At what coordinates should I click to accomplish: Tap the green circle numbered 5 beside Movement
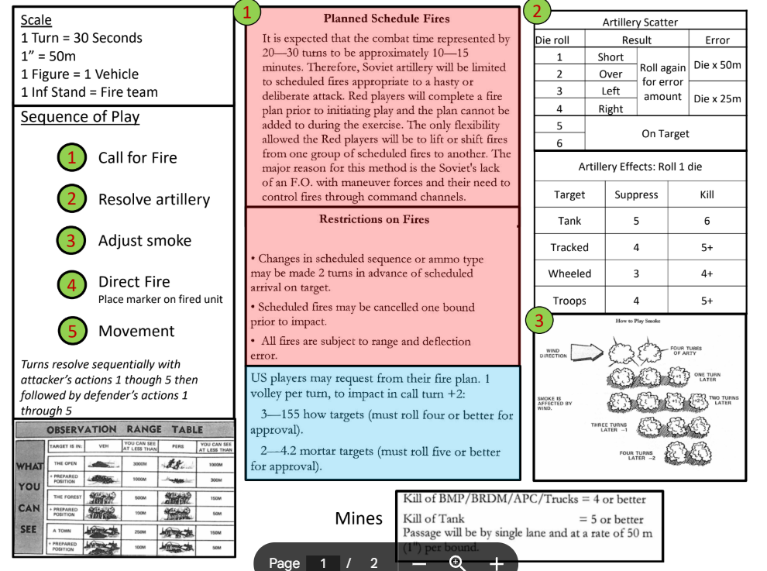point(71,331)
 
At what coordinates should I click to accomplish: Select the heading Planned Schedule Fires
point(386,19)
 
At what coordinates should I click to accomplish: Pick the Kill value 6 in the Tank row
point(707,221)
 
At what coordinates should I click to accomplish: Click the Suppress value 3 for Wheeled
point(635,273)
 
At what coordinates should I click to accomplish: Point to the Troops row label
point(569,301)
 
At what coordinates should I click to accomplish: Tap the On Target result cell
point(665,133)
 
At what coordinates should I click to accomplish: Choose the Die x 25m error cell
point(717,98)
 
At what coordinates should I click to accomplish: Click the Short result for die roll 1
point(611,57)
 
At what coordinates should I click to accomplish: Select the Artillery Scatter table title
point(639,22)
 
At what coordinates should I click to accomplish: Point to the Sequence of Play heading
point(80,117)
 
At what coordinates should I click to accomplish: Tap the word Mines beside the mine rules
point(359,518)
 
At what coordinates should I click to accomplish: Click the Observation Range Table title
point(124,429)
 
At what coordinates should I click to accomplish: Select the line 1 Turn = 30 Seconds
point(81,37)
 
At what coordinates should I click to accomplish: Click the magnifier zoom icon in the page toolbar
point(457,562)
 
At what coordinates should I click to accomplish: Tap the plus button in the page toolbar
point(496,562)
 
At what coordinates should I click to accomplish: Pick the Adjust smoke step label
point(144,240)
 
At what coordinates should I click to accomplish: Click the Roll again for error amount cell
point(661,82)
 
